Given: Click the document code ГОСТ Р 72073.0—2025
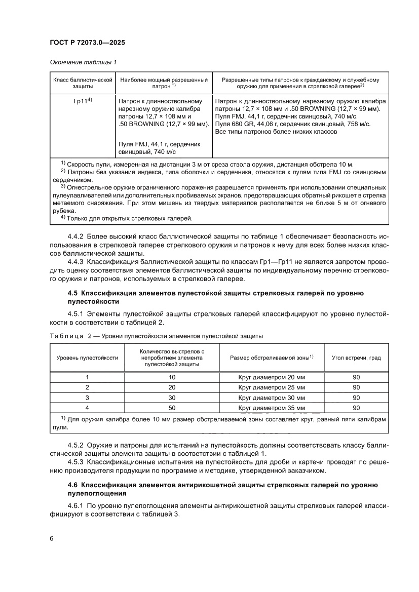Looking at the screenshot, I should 87,43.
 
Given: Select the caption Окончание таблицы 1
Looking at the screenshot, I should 83,62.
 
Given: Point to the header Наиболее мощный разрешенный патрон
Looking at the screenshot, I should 163,83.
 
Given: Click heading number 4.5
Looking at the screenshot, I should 73,293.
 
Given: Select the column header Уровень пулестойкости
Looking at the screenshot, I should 87,358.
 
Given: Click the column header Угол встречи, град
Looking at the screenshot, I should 356,358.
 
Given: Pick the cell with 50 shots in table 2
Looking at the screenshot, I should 172,408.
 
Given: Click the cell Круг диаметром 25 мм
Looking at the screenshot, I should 272,387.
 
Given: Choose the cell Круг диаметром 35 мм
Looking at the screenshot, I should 272,408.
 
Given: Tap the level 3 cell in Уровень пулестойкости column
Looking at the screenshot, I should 87,398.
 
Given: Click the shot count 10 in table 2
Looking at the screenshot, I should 172,377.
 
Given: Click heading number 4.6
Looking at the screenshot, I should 73,485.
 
